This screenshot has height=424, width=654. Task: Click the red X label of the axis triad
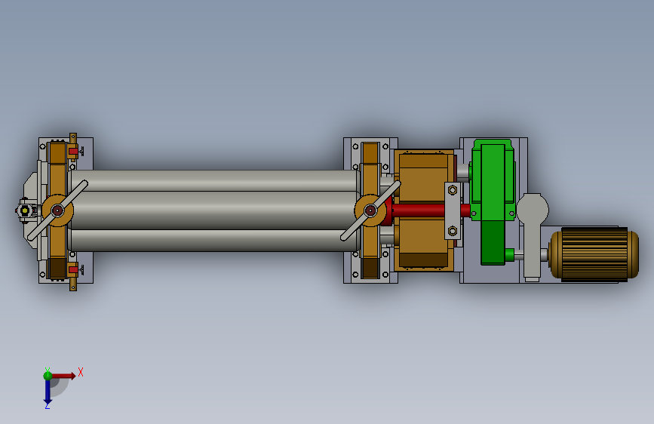(x=81, y=372)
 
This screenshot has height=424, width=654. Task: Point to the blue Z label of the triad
(x=47, y=405)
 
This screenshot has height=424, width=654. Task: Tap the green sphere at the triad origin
(x=48, y=376)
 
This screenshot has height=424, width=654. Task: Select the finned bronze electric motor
(x=594, y=253)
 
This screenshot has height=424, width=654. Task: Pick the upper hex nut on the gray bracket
(x=453, y=190)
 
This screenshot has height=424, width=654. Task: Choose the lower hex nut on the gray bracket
(x=453, y=230)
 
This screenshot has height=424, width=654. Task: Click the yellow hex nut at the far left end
(x=25, y=210)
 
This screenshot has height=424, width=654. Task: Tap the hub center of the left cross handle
(x=57, y=210)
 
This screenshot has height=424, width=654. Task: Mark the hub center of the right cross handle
(x=370, y=210)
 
